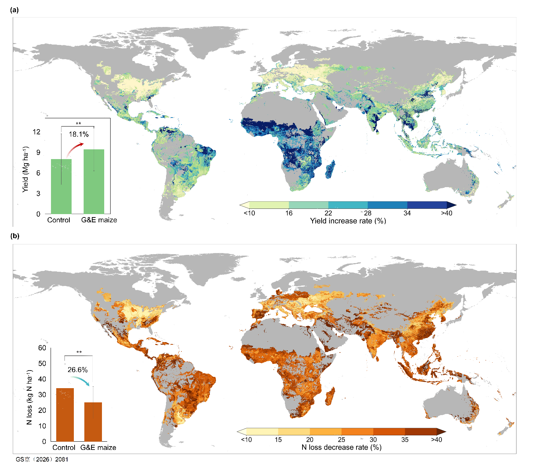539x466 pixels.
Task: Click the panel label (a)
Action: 14,10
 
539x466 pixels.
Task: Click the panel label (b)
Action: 15,236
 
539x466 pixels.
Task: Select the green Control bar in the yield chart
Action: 61,186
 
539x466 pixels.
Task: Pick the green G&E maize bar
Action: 94,182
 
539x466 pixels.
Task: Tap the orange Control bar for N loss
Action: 65,415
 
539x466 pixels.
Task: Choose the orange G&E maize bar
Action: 93,422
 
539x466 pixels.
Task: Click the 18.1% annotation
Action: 78,134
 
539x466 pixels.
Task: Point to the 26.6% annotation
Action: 78,370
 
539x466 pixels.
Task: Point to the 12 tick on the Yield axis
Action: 36,132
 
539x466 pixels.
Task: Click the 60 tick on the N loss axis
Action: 42,348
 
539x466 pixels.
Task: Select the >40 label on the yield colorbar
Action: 446,213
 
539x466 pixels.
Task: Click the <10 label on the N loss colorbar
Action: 246,440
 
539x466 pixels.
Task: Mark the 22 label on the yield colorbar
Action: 328,213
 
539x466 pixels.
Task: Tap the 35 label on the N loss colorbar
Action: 405,440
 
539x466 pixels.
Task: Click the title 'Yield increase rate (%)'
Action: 348,221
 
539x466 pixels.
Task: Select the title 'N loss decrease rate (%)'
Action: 341,448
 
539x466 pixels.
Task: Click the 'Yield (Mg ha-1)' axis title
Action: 25,170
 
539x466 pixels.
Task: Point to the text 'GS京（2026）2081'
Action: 42,459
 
